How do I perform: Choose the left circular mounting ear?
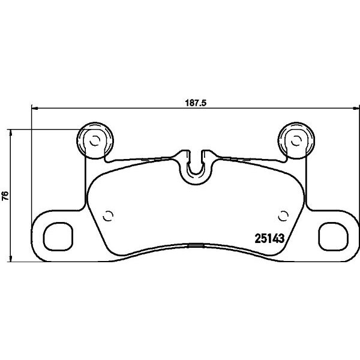tap(93, 139)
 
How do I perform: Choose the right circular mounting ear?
tap(296, 139)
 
